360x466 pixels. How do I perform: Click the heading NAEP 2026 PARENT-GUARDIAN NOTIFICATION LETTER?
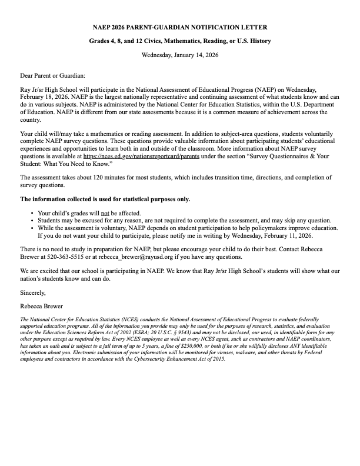tap(180, 27)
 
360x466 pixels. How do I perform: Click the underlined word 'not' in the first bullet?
tap(105, 213)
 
